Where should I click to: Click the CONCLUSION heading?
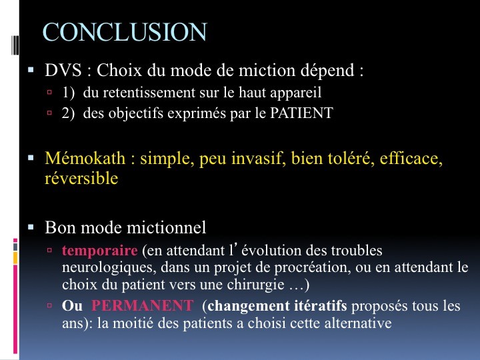pyautogui.click(x=125, y=32)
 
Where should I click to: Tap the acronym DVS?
pyautogui.click(x=63, y=70)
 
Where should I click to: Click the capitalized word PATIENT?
pyautogui.click(x=301, y=113)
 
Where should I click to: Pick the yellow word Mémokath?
pyautogui.click(x=85, y=158)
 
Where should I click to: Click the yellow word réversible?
pyautogui.click(x=81, y=178)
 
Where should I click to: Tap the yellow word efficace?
pyautogui.click(x=411, y=159)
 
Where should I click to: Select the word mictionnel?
pyautogui.click(x=166, y=227)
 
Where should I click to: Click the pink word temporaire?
pyautogui.click(x=100, y=251)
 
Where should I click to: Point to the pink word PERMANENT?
pyautogui.click(x=143, y=305)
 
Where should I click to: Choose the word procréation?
pyautogui.click(x=311, y=267)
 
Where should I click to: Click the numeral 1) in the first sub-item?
pyautogui.click(x=68, y=93)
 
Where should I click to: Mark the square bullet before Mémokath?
pyautogui.click(x=31, y=158)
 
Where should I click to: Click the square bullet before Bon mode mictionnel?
pyautogui.click(x=31, y=227)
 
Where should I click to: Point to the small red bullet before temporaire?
pyautogui.click(x=49, y=250)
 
